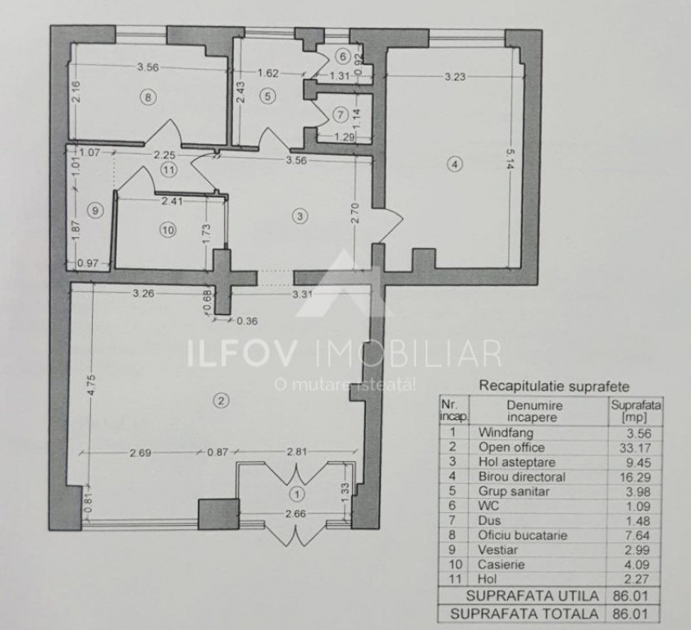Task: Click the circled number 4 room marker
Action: [x=455, y=164]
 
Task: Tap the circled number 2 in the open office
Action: [x=221, y=400]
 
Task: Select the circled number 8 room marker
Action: [x=148, y=97]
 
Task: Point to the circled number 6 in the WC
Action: [x=342, y=57]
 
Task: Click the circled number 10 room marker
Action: [x=168, y=230]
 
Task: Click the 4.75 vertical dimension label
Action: [x=91, y=386]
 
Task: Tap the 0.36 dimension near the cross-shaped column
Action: [x=247, y=321]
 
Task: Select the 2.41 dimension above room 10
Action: [x=172, y=201]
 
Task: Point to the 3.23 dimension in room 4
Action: [x=455, y=76]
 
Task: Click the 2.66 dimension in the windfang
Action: [x=295, y=514]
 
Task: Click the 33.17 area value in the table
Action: [x=635, y=448]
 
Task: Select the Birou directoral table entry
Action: [x=522, y=477]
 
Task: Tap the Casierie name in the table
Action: [x=501, y=564]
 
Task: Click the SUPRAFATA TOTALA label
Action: [x=524, y=614]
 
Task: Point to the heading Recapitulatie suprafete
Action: [x=554, y=386]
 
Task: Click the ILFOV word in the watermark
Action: [x=241, y=352]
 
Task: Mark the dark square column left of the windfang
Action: [x=218, y=514]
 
